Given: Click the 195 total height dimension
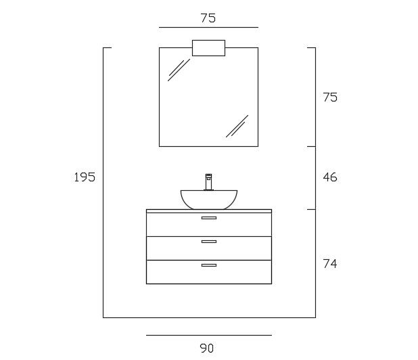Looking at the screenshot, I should pos(85,177).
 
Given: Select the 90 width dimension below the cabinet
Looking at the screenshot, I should pos(207,348).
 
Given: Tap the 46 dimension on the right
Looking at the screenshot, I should pos(330,178).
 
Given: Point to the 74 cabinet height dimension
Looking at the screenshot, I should pos(330,263).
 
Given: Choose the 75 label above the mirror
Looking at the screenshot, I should pos(208,18).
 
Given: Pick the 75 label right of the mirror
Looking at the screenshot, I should pos(330,97).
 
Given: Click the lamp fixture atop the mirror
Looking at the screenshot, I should pos(208,48).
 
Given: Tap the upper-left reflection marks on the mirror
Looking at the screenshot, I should pos(179,70).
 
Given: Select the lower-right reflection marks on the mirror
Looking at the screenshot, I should pos(237,125).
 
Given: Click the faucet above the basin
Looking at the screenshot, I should pos(209,182).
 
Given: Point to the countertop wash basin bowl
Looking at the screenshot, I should pos(209,199).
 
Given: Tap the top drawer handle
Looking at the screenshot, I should pos(209,218).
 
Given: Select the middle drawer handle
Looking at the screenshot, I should pos(209,242).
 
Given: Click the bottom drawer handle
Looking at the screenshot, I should pos(209,265).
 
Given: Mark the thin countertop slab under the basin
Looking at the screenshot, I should pos(208,211).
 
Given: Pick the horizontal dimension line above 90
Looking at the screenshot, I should pos(208,335).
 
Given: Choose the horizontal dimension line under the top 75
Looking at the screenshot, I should pos(208,28).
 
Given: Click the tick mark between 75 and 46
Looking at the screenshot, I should pos(311,146).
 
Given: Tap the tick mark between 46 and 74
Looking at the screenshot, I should pos(311,209).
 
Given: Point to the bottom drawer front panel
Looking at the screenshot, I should pos(208,272).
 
